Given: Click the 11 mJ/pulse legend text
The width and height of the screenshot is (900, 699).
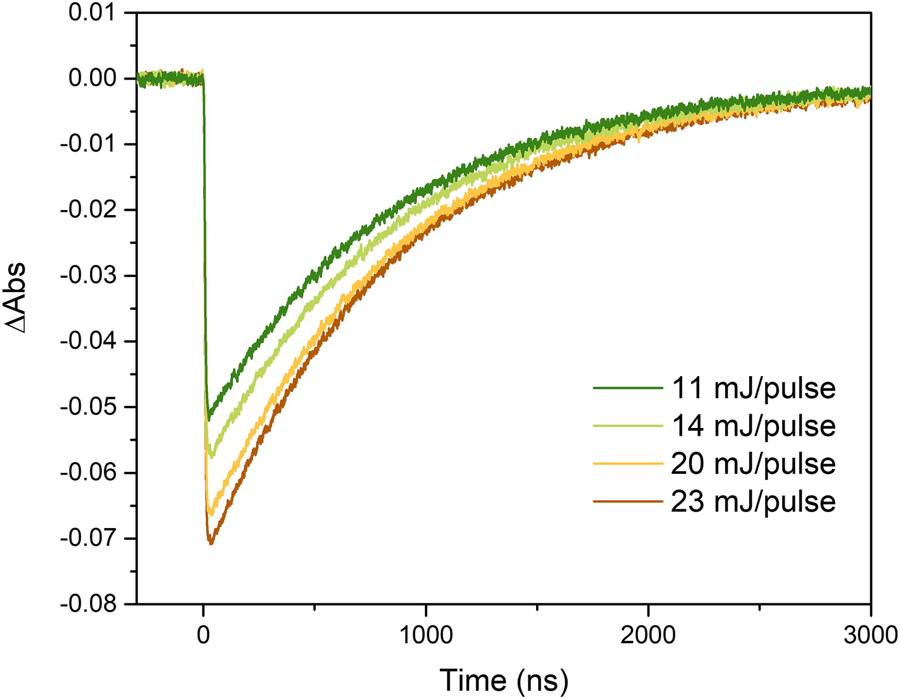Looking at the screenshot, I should coord(753,388).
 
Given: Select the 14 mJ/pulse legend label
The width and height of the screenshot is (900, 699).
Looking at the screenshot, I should coord(753,426).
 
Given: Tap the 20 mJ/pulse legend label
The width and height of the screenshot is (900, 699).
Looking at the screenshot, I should coord(753,463).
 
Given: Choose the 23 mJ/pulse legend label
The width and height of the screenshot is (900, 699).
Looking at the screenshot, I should coord(753,502).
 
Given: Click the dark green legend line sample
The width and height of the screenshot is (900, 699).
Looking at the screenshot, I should coord(628,388).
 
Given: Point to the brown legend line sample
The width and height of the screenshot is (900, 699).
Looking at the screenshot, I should coord(628,502).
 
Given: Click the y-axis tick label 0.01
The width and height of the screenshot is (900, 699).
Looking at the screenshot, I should coord(92,13).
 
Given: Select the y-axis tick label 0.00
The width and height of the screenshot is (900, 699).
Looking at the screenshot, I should coord(92,79).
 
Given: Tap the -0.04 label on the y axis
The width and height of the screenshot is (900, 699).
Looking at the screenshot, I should coord(89,341).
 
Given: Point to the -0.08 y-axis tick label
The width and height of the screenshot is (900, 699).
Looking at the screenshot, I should coord(89,604).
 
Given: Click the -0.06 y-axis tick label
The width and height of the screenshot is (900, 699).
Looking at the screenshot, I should coord(89,473).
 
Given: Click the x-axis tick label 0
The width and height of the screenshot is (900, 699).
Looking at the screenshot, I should coord(204,635).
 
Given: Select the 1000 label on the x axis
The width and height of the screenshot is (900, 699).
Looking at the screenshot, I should coord(426,635).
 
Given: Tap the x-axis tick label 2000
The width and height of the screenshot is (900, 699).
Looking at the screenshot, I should coord(648,635).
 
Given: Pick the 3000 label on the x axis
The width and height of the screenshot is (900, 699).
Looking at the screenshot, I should coord(870,635).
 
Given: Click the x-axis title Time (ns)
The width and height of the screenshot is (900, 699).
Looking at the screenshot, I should coord(504,680).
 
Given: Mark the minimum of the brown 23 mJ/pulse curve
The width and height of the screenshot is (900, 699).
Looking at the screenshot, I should coord(210,544).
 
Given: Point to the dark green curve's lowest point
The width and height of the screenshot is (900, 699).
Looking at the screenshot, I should coord(208,419).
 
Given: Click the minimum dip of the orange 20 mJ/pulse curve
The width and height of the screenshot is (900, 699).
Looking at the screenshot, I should coord(210,514).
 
